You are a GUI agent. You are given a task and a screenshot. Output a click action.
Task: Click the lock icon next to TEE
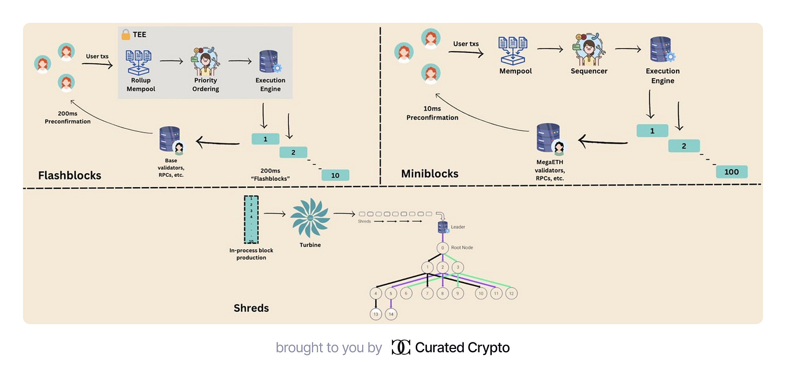pyautogui.click(x=126, y=35)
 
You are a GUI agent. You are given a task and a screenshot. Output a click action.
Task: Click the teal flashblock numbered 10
pyautogui.click(x=335, y=175)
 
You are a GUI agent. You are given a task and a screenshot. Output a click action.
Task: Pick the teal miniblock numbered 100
pyautogui.click(x=731, y=172)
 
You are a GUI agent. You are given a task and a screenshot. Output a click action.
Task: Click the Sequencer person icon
pyautogui.click(x=589, y=49)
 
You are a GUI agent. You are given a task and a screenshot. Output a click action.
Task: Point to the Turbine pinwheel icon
pyautogui.click(x=310, y=217)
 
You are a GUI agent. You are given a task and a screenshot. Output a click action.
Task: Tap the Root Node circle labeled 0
pyautogui.click(x=443, y=249)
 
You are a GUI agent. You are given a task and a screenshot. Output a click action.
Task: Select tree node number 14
pyautogui.click(x=391, y=314)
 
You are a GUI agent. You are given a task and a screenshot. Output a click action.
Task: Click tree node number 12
pyautogui.click(x=512, y=293)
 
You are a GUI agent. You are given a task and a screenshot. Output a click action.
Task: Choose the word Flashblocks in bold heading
pyautogui.click(x=70, y=175)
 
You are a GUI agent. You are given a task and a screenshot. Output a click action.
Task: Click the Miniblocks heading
pyautogui.click(x=430, y=174)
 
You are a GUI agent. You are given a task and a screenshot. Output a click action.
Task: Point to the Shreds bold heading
pyautogui.click(x=251, y=308)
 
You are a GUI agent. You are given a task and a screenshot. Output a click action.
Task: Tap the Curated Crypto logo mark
pyautogui.click(x=401, y=347)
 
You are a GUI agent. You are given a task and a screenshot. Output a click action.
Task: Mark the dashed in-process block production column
pyautogui.click(x=251, y=220)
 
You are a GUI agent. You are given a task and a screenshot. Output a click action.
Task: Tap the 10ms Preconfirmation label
pyautogui.click(x=432, y=113)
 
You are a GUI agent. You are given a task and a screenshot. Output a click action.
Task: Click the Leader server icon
pyautogui.click(x=443, y=228)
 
